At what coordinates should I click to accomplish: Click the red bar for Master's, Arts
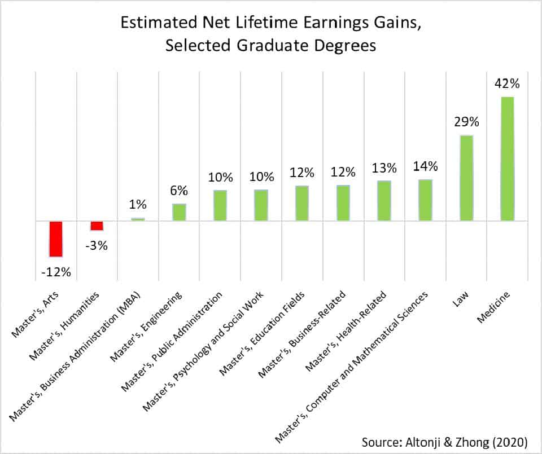tap(56, 239)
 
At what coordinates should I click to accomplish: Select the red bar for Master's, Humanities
tap(97, 226)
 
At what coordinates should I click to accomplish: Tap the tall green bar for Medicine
tap(507, 158)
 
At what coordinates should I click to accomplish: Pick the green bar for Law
tap(466, 178)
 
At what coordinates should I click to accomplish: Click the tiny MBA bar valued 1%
tap(138, 219)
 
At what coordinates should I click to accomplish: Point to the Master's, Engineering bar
tap(179, 212)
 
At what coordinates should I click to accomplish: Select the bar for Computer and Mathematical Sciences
tap(425, 200)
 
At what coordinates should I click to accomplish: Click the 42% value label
tap(507, 84)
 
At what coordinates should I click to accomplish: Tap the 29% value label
tap(466, 122)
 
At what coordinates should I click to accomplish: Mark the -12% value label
tap(56, 272)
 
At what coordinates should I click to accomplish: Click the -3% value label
tap(97, 246)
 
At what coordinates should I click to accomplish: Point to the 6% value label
tap(179, 191)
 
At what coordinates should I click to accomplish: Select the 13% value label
tap(384, 168)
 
